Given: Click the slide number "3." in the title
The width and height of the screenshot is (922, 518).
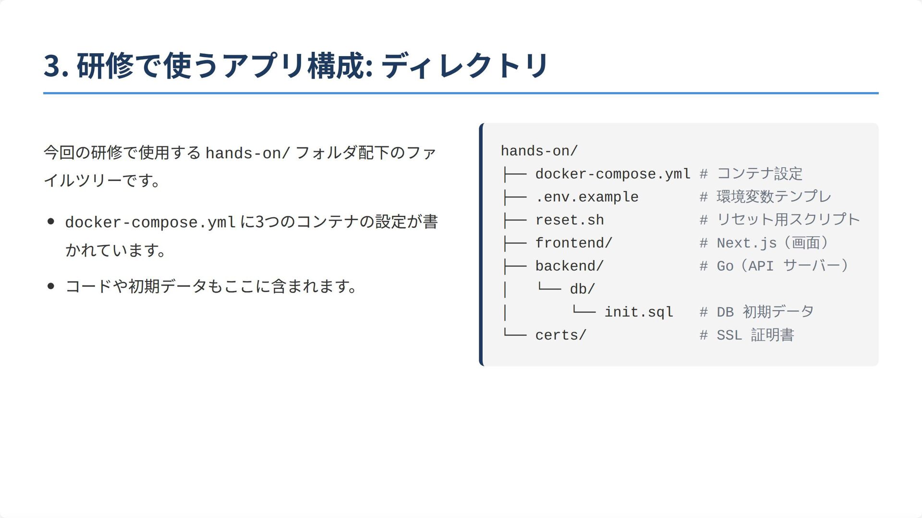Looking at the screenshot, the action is point(57,66).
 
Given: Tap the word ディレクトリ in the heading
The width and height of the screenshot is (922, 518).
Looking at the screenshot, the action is point(464,66).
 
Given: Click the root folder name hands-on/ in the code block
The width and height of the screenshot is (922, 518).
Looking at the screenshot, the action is point(539,151).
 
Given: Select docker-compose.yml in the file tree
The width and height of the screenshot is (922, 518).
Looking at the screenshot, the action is point(613,174).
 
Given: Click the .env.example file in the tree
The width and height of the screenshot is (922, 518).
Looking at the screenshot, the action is point(587,197).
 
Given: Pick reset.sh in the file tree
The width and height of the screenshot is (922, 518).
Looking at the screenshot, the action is point(570,220).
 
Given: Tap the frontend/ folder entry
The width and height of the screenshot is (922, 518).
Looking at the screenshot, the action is point(574,243).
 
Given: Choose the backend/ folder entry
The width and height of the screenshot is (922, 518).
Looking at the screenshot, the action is point(570,266).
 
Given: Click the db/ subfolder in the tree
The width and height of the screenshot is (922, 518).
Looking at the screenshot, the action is point(582,289).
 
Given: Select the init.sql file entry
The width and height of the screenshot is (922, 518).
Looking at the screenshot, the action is point(639,312).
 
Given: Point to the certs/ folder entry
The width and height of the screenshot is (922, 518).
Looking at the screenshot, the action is point(561,335).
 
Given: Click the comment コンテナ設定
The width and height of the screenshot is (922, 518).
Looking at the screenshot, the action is point(759,174).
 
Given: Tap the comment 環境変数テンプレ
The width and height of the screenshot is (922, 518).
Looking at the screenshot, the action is point(774,197).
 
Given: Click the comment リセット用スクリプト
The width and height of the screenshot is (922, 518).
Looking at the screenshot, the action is point(788,220).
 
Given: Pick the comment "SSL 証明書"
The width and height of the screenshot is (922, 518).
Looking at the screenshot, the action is point(755,335).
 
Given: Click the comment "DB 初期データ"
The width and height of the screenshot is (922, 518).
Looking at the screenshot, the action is point(765,312).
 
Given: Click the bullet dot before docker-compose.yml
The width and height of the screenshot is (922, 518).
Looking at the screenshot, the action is point(51,222).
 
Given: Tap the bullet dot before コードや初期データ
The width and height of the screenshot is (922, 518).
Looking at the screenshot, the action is point(51,286).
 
